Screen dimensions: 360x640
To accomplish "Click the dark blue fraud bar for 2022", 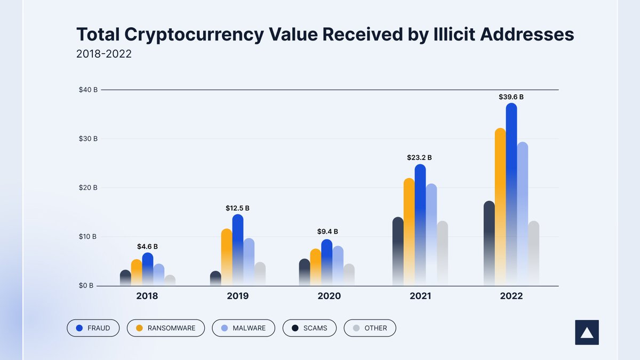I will [x=511, y=192].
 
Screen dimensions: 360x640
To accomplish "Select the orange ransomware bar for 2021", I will [x=409, y=229].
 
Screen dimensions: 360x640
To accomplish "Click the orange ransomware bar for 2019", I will [x=227, y=256].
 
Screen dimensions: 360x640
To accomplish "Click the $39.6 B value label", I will [x=511, y=97].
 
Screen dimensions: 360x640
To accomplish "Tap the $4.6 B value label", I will [x=147, y=246].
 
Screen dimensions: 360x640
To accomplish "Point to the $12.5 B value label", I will [x=237, y=208].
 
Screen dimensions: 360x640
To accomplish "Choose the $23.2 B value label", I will [x=420, y=158].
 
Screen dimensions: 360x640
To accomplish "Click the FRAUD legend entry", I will [x=93, y=328].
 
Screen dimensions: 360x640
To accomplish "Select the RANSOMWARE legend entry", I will [x=165, y=328].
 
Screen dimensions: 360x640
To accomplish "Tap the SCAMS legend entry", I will [x=309, y=328].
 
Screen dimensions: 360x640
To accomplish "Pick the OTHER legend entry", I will [x=370, y=328].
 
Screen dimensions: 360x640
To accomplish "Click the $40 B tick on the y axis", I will [x=88, y=90].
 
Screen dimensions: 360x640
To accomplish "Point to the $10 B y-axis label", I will [x=88, y=236].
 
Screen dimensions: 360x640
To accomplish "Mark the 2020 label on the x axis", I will [x=329, y=296].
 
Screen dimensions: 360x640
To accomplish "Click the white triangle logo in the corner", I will [x=587, y=332].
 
